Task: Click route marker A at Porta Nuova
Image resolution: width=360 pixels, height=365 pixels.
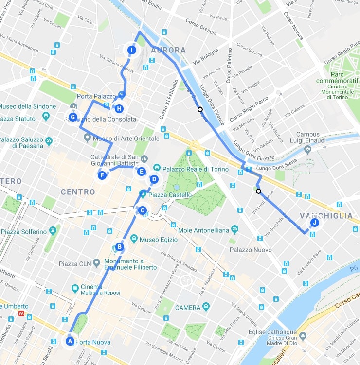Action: [x=70, y=341]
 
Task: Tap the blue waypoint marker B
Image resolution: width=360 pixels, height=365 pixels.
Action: [x=119, y=247]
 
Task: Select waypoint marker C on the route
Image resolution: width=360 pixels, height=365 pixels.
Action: [x=142, y=210]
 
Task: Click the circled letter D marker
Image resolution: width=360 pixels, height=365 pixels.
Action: [x=154, y=179]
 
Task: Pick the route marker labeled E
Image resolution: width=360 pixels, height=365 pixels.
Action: [x=141, y=171]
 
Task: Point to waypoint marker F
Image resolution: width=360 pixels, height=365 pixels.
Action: [x=102, y=175]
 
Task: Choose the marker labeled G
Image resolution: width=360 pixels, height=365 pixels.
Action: [x=73, y=117]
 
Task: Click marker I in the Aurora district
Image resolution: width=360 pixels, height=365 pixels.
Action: [x=131, y=50]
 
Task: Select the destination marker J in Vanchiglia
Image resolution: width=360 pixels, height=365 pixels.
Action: [x=314, y=223]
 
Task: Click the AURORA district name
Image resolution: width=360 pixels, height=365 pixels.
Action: [x=168, y=50]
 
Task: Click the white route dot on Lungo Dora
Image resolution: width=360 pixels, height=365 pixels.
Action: [x=200, y=109]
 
